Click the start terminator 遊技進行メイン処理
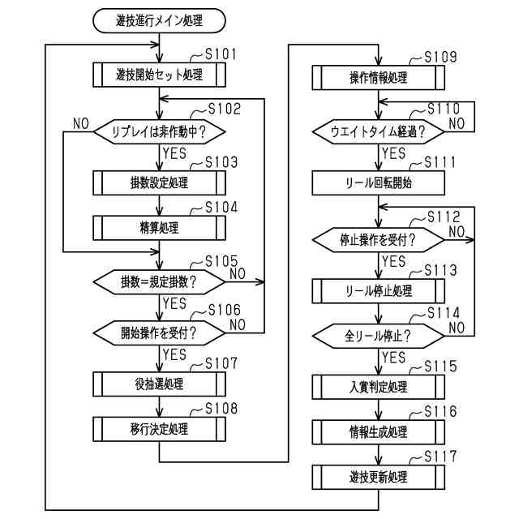click(159, 19)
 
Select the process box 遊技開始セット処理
click(159, 76)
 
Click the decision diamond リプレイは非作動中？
click(159, 130)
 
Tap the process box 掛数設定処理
click(159, 182)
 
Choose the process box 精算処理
click(159, 228)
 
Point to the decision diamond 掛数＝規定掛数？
click(159, 282)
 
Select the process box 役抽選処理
click(159, 384)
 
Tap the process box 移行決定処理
click(159, 428)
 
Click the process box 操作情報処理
click(378, 79)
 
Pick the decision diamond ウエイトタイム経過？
click(378, 130)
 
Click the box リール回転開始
click(378, 183)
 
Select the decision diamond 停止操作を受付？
click(378, 239)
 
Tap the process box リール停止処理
click(378, 290)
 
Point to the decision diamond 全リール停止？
click(378, 333)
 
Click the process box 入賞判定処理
click(378, 387)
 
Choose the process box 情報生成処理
click(378, 432)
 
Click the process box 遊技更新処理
click(378, 477)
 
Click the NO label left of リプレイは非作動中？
click(80, 123)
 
